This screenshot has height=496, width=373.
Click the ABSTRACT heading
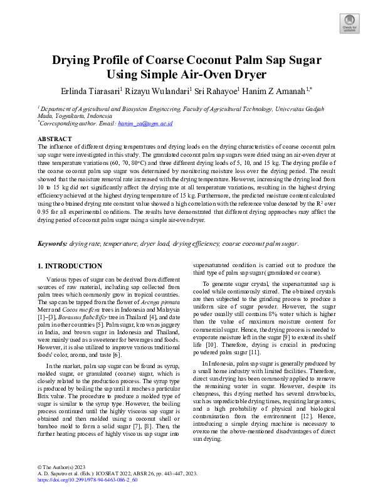point(55,138)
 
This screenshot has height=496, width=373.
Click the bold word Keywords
point(52,243)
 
